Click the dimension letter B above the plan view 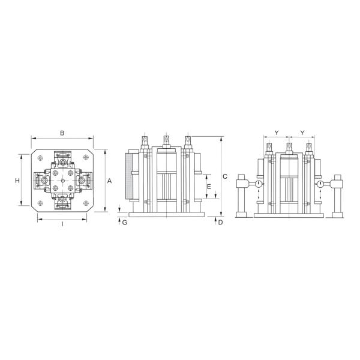pos(62,133)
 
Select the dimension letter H pos(18,180)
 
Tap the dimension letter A pos(109,180)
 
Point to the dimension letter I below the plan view pos(62,226)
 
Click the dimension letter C pos(224,176)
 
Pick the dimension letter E pos(209,187)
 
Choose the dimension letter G pos(124,223)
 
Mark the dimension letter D pos(220,223)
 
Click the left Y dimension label pos(276,132)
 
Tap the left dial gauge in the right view pos(258,184)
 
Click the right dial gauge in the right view pos(321,184)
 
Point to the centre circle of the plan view pos(62,180)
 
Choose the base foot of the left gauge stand pos(242,215)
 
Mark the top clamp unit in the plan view pos(62,160)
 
